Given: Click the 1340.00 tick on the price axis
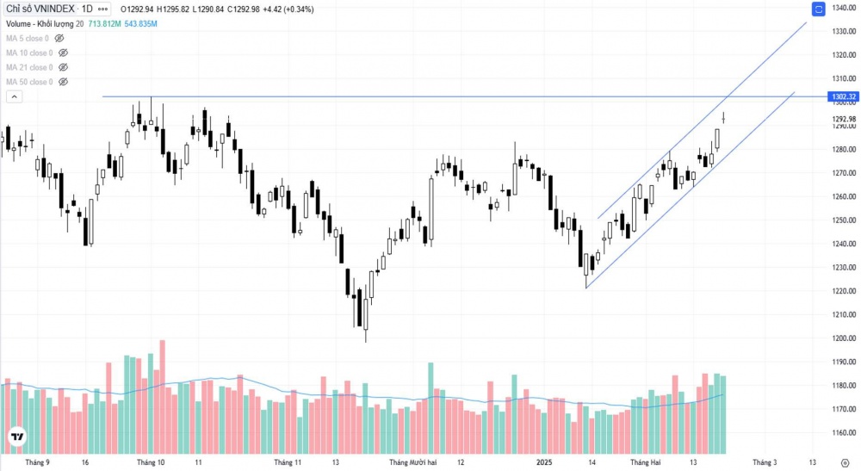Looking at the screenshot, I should coord(842,9).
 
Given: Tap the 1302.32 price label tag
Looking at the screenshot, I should coord(842,96).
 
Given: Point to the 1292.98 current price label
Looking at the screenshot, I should coord(842,119).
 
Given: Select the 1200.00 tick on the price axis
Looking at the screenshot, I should coord(842,338).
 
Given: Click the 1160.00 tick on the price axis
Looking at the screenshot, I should coord(842,433).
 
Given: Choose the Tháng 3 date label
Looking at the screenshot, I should coord(765,462).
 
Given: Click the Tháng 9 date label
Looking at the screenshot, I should coord(37,462).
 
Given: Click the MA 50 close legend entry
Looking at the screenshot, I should coord(29,82).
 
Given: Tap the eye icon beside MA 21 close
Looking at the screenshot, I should coord(62,67).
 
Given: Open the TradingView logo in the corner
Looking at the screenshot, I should coord(16,437).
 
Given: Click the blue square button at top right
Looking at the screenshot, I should coord(817,9).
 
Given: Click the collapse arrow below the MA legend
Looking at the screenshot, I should coord(13,96).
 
